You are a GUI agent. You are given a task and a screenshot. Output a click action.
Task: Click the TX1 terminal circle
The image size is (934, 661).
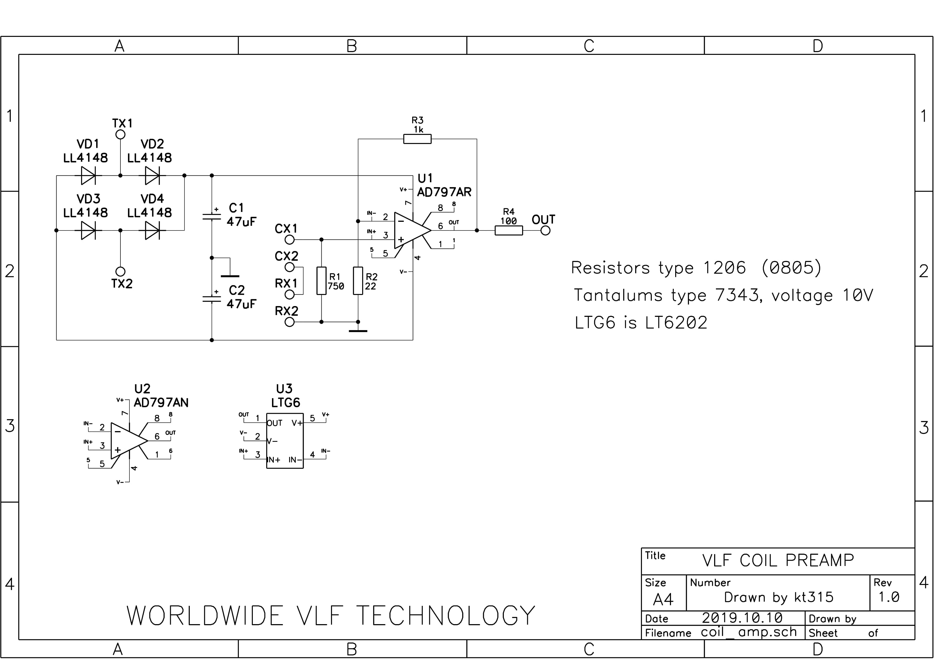tap(120, 134)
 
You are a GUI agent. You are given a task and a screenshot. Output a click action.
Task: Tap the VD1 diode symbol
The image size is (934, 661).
tap(88, 175)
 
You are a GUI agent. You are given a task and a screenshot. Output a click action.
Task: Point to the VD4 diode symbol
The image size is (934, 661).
tap(152, 230)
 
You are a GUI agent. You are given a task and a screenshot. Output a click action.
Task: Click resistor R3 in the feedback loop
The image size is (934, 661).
tap(417, 139)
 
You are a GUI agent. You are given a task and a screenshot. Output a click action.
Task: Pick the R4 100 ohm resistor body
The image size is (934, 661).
tap(509, 230)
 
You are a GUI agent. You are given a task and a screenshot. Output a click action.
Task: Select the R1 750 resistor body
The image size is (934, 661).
tap(321, 280)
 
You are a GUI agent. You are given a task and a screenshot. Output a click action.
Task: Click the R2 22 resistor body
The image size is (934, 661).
tap(358, 280)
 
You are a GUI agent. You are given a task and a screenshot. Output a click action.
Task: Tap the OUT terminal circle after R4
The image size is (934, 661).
tap(545, 230)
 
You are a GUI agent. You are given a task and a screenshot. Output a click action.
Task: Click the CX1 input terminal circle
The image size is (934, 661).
tap(289, 240)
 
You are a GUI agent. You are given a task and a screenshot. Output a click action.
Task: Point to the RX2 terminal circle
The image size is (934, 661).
tap(289, 322)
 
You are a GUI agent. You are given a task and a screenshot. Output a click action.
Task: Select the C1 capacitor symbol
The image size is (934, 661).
tap(211, 216)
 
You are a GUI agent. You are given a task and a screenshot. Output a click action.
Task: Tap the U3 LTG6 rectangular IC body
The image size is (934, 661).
tap(285, 441)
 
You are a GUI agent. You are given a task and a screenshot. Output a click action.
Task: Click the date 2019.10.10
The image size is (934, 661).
tap(742, 618)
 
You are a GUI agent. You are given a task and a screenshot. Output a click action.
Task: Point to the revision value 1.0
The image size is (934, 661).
tap(888, 597)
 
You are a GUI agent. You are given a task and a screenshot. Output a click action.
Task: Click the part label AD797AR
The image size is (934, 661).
tap(444, 192)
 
